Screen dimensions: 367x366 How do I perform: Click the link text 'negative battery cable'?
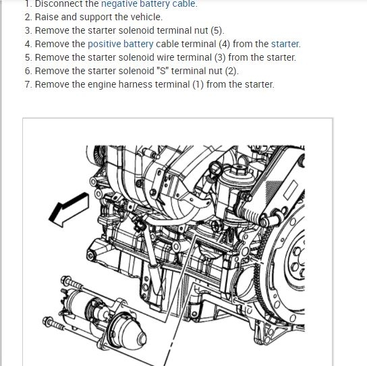[149, 4]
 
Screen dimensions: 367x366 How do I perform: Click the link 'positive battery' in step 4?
[121, 44]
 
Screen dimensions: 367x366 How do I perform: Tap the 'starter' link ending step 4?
[285, 44]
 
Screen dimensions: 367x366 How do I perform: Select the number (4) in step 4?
[225, 44]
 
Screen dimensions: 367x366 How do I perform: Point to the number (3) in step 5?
[220, 57]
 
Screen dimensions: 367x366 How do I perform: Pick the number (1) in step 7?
[198, 84]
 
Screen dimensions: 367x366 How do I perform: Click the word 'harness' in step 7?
[136, 84]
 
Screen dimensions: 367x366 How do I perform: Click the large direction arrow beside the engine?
[69, 210]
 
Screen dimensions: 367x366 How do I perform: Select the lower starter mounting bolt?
[53, 324]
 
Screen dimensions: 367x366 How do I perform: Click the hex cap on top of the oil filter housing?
[237, 170]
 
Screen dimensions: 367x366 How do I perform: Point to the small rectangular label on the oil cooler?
[291, 190]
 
